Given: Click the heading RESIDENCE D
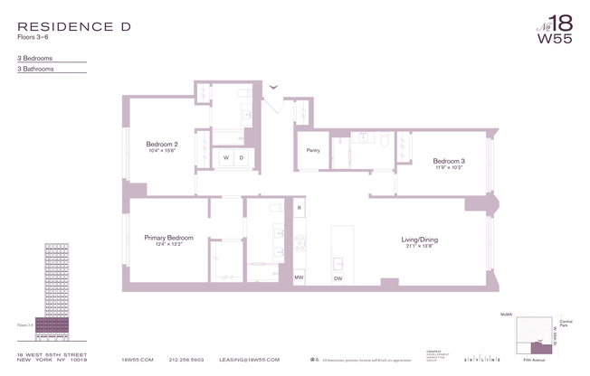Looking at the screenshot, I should click(x=73, y=27).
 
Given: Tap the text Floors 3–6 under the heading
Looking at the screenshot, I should click(x=37, y=39).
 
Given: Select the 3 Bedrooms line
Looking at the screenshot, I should click(x=36, y=57).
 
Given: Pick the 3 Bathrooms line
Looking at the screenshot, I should click(x=37, y=69).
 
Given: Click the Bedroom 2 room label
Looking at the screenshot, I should click(x=162, y=145).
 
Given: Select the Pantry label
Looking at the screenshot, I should click(x=313, y=150).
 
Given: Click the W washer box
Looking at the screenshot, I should click(x=225, y=158).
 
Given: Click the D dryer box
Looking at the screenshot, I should click(x=242, y=158).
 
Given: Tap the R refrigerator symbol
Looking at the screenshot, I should click(x=300, y=209).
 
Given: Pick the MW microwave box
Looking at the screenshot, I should click(x=300, y=277).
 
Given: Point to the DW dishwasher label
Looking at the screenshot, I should click(x=338, y=278).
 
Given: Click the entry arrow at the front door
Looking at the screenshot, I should click(x=274, y=88).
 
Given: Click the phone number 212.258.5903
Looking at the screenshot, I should click(x=186, y=360).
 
